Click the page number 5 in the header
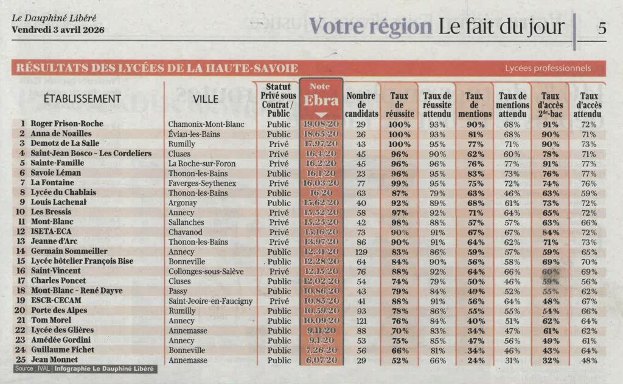point(602,28)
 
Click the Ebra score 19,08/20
point(321,124)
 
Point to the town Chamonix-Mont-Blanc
point(206,124)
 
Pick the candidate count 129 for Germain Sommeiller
point(362,252)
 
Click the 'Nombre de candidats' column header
point(362,105)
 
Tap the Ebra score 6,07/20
point(321,360)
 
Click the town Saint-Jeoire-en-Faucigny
point(210,301)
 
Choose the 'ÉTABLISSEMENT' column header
point(82,99)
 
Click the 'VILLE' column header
point(206,99)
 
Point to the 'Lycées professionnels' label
point(548,69)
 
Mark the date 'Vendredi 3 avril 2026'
point(58,29)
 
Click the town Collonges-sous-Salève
point(207,271)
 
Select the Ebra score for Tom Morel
point(321,320)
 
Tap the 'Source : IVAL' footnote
point(32,369)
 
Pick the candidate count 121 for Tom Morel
point(362,320)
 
